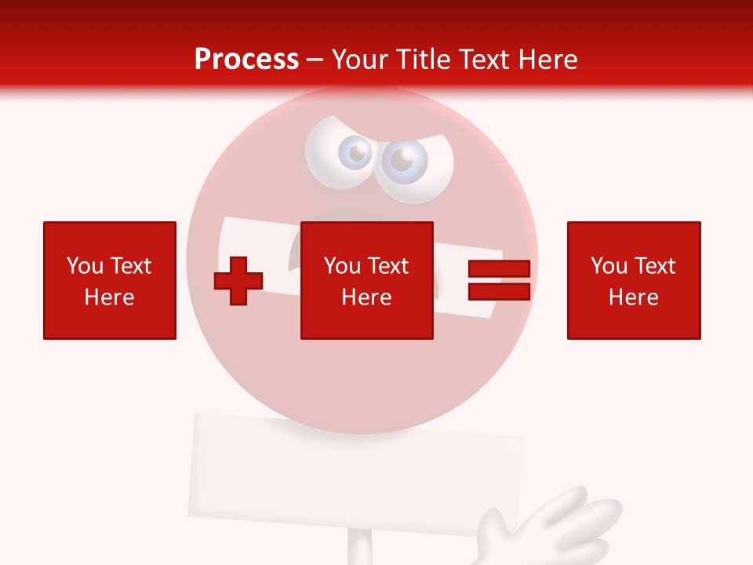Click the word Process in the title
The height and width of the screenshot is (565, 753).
246,60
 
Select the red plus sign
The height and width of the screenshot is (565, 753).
238,280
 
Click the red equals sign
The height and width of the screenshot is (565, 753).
499,280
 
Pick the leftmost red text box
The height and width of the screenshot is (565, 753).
110,280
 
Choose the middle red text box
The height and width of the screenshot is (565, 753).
366,280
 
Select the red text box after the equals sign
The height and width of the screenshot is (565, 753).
633,280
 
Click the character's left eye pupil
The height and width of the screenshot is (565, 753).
358,153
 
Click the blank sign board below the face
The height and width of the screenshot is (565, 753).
353,471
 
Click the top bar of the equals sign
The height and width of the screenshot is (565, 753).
499,269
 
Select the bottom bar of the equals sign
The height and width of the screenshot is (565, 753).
499,291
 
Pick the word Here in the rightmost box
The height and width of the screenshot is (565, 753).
633,297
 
